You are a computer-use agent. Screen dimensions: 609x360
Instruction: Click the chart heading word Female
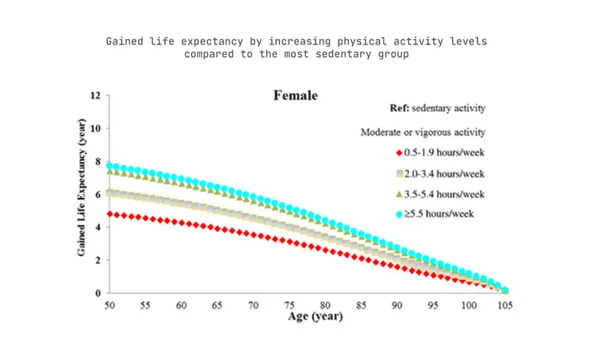(296, 95)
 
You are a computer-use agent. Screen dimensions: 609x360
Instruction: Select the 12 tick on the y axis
(95, 95)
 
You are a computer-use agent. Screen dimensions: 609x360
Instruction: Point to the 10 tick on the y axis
(95, 128)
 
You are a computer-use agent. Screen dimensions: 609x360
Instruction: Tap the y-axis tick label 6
(98, 194)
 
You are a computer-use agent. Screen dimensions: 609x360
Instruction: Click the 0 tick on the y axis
(98, 293)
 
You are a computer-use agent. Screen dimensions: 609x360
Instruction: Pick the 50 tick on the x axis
(109, 305)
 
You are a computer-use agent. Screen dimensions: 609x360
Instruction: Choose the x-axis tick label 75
(289, 305)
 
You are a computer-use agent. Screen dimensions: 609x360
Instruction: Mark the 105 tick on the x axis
(505, 305)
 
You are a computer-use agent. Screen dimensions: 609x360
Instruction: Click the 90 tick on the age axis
(397, 305)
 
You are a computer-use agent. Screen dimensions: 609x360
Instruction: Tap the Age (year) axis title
(316, 316)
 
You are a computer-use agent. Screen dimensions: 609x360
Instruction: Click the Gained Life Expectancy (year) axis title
(81, 188)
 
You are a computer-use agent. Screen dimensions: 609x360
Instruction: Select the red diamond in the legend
(399, 153)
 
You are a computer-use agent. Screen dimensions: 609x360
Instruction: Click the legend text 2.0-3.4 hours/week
(444, 174)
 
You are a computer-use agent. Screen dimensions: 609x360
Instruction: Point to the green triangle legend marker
(399, 194)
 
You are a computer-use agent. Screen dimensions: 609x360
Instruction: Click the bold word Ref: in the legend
(400, 108)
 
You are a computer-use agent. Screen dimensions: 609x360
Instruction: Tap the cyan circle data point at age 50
(109, 166)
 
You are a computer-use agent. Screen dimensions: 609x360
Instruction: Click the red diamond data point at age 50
(109, 214)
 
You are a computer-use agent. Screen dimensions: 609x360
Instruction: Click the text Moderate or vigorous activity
(423, 132)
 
